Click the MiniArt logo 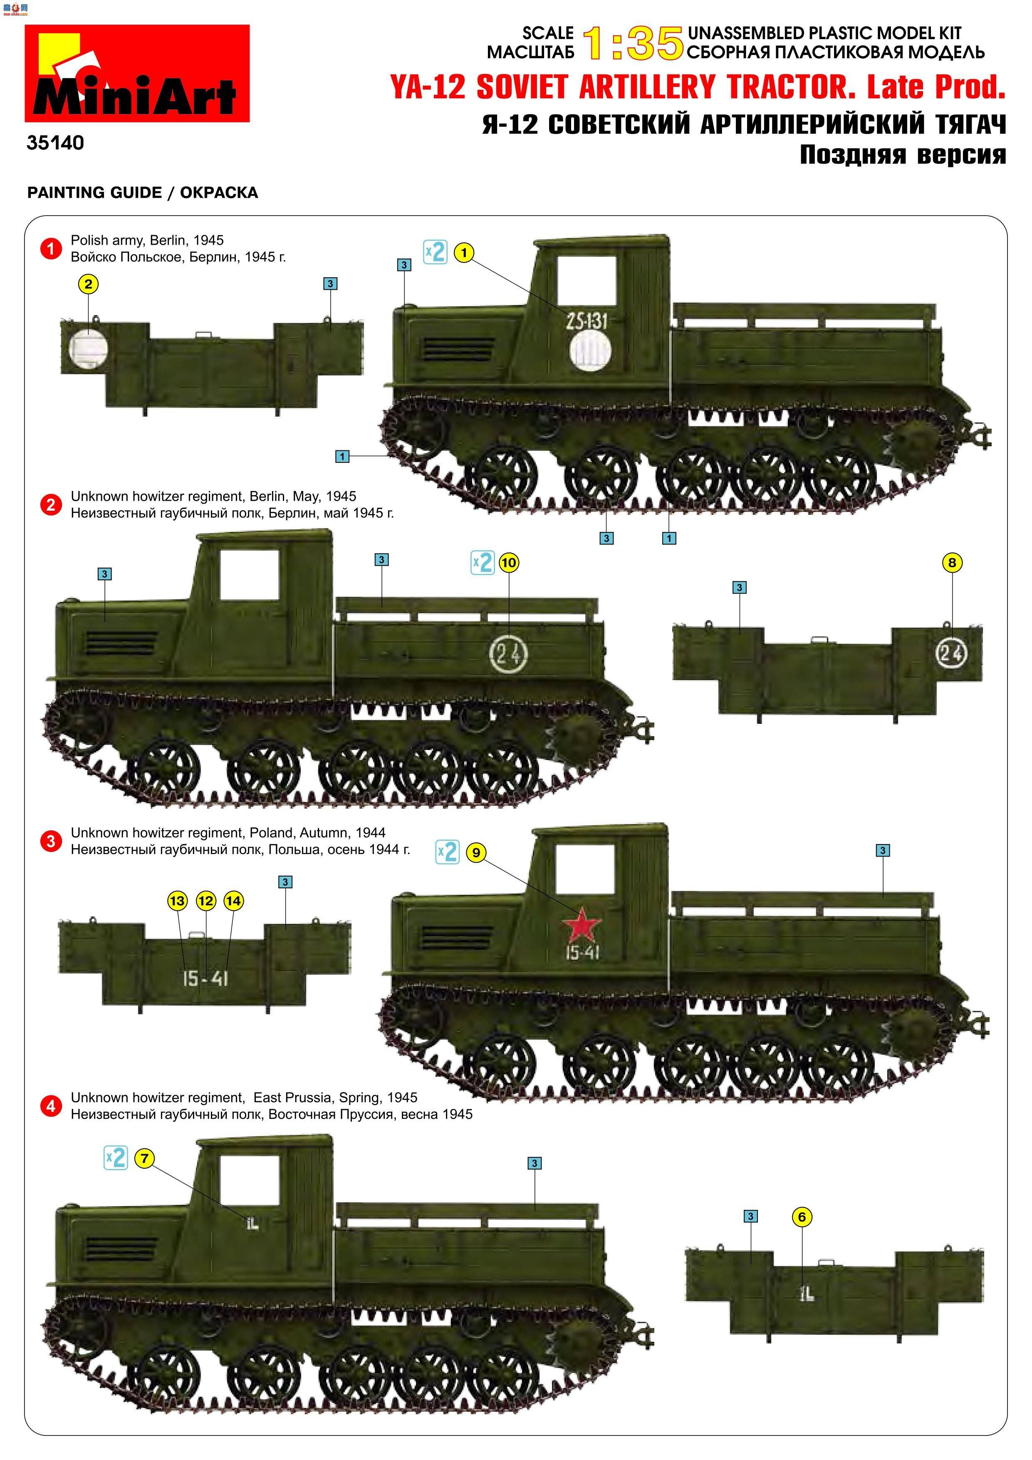(137, 74)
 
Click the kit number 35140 (55, 142)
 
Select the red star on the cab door (581, 925)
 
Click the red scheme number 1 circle (51, 248)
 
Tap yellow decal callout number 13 (177, 900)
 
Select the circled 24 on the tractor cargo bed (508, 653)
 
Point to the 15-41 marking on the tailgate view (205, 978)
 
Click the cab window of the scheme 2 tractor (250, 574)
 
